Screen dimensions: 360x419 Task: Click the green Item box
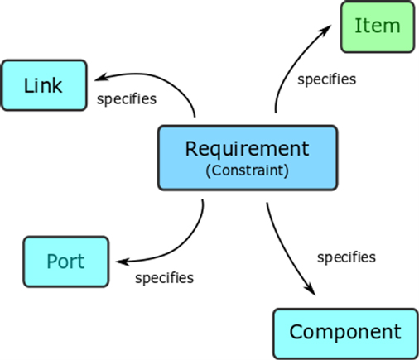click(377, 26)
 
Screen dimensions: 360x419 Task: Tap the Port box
click(65, 262)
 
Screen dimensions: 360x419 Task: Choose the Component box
click(344, 333)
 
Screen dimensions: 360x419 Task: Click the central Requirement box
click(247, 157)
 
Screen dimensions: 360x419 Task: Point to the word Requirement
click(247, 149)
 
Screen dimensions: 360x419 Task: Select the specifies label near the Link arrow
click(127, 99)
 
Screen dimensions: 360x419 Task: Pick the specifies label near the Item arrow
click(326, 79)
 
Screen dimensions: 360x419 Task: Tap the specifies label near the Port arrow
click(164, 277)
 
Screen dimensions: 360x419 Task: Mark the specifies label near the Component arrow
click(346, 257)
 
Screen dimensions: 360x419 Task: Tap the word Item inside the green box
click(377, 26)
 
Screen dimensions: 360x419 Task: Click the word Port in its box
click(65, 262)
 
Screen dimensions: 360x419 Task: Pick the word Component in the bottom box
click(344, 333)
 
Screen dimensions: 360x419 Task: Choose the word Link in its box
click(43, 84)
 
